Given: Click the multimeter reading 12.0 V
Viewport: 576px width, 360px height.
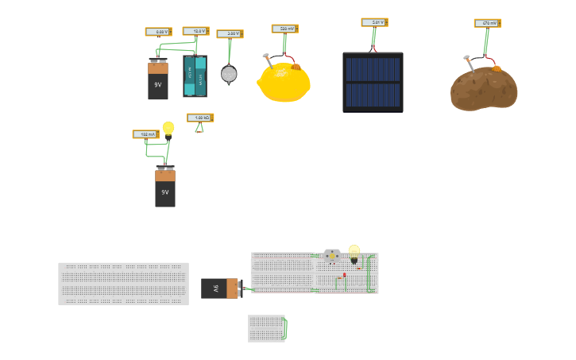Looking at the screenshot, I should point(195,32).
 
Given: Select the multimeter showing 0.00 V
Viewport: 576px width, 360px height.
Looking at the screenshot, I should point(158,32).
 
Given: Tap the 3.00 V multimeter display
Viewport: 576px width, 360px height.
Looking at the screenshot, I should point(230,34).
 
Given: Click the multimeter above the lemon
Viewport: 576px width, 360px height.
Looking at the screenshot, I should point(284,29).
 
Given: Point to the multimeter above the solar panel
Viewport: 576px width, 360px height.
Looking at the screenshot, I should point(374,22).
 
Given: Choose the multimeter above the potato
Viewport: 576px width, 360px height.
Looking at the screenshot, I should point(487,23).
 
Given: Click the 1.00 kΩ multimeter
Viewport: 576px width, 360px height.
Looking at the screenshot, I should point(199,118).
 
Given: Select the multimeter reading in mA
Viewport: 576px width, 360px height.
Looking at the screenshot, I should point(145,134).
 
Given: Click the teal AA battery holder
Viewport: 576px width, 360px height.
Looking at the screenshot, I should point(195,75).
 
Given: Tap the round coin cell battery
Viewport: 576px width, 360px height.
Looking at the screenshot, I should point(229,74).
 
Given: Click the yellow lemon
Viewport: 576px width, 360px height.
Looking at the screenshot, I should point(284,82).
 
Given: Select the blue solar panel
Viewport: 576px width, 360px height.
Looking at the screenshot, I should point(373,82).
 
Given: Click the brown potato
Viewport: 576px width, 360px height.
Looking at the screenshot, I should point(484,89).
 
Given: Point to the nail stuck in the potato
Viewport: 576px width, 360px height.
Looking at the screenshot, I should point(470,64).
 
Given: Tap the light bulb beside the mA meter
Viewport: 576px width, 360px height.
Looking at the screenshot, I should point(168,128).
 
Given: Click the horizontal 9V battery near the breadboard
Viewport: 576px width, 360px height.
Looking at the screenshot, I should point(220,288).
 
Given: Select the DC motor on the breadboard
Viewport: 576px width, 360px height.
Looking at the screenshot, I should point(331,255).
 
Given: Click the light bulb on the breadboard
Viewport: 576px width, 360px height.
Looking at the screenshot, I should point(354,252).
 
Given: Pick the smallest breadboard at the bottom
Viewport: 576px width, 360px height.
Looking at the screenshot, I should point(266,328).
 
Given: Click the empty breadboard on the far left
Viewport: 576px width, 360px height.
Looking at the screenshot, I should point(123,284).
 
